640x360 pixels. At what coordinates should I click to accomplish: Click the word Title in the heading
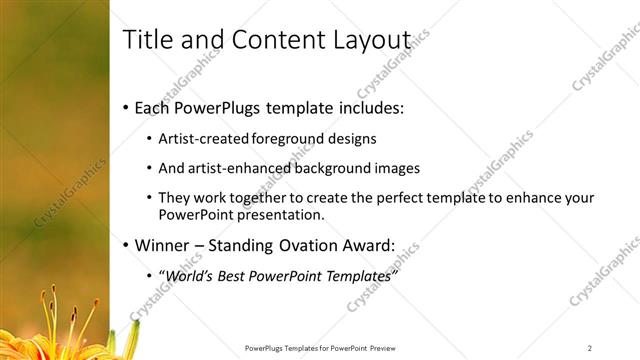tap(146, 39)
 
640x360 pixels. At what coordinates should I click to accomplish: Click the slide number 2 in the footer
tap(590, 348)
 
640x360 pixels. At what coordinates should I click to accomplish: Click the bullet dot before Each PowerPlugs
tap(125, 108)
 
